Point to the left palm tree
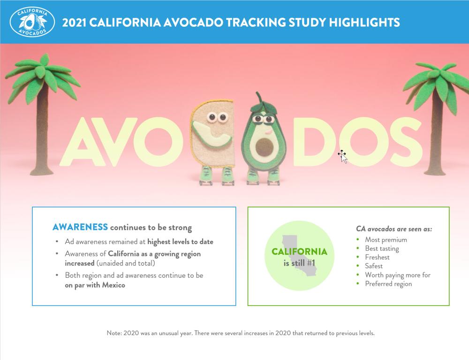pos(41,117)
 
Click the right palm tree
pos(434,117)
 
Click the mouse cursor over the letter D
pos(343,156)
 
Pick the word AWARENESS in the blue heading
pos(80,228)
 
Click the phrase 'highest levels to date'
pos(180,242)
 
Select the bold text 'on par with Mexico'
pos(95,285)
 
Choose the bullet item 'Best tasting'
pos(382,249)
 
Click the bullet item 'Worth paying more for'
pos(397,275)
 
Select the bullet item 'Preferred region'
pos(388,284)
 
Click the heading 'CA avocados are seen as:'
pos(394,230)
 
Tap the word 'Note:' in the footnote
pos(114,334)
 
